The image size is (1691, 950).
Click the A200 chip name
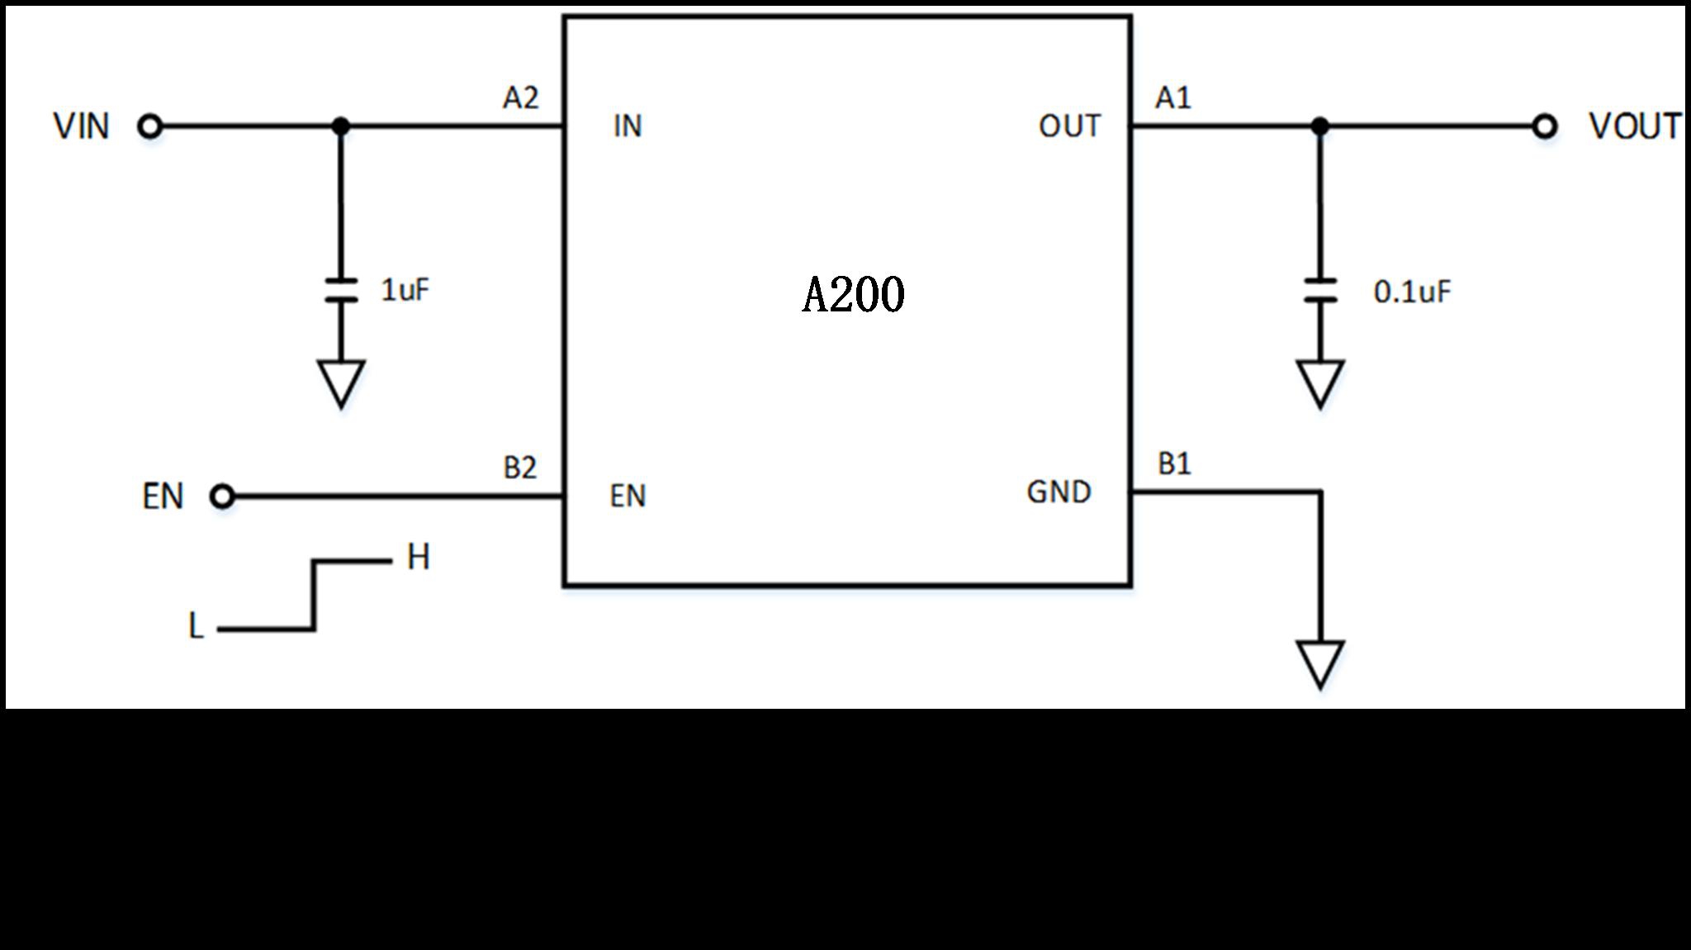click(853, 295)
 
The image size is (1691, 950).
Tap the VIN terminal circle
click(150, 126)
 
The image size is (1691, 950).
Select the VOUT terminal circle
click(1544, 126)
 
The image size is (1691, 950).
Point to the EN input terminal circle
click(222, 496)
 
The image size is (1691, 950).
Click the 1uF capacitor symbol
click(341, 291)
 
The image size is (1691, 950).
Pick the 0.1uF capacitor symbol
click(1320, 291)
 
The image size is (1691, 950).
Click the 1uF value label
click(405, 290)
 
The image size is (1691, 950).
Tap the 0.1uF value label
click(1411, 292)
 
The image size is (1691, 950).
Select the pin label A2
click(520, 98)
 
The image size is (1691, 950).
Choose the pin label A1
click(1172, 98)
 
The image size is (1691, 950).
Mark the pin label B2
click(520, 468)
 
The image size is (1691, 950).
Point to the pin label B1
click(1174, 464)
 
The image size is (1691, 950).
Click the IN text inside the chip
click(628, 126)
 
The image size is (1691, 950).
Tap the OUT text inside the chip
click(1069, 126)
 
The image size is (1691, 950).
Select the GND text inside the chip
click(1059, 492)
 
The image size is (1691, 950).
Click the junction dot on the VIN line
click(341, 126)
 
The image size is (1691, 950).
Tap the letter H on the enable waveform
click(419, 558)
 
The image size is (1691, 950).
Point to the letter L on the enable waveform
click(196, 626)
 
